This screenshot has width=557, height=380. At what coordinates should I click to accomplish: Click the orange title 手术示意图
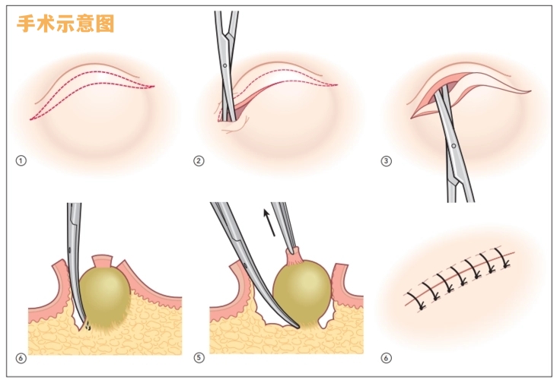65,24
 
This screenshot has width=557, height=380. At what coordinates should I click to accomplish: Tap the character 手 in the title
27,24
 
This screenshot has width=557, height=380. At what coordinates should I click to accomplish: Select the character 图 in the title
105,24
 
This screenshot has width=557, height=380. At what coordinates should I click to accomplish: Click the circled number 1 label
21,161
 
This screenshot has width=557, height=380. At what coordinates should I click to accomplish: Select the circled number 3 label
386,161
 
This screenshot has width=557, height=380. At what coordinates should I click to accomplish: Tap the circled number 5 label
199,357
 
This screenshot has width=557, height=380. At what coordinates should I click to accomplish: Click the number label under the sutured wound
386,357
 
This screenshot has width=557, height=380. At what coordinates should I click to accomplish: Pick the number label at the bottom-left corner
21,357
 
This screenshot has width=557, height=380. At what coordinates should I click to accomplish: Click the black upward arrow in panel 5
268,223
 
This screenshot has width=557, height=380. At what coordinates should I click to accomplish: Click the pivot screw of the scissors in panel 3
454,144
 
